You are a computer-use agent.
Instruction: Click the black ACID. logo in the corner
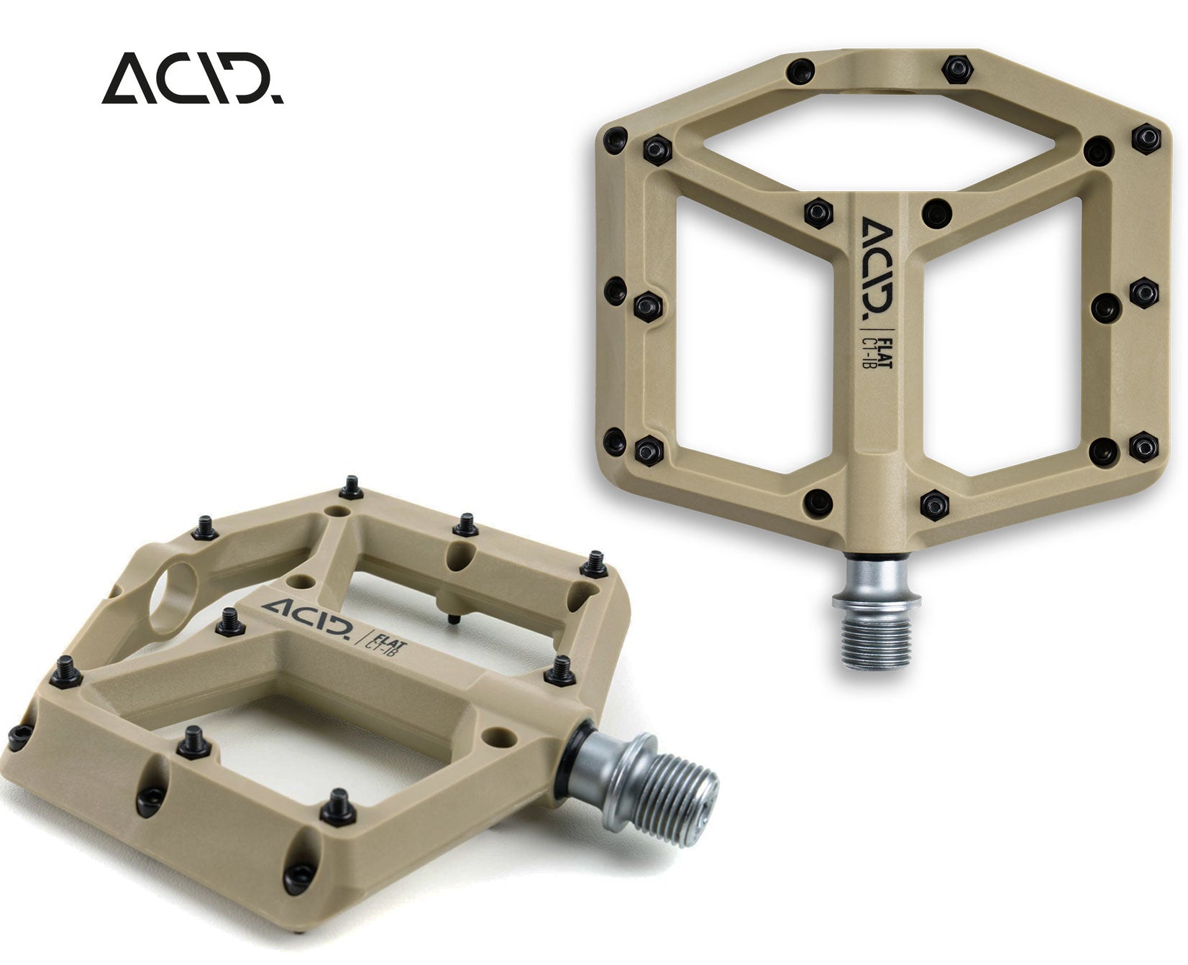pyautogui.click(x=192, y=78)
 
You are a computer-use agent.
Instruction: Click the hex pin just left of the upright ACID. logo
pyautogui.click(x=818, y=212)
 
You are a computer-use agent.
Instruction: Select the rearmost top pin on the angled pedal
pyautogui.click(x=351, y=489)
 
